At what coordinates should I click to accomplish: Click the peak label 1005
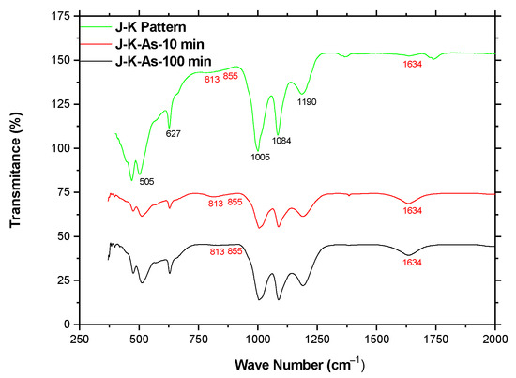(x=261, y=157)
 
